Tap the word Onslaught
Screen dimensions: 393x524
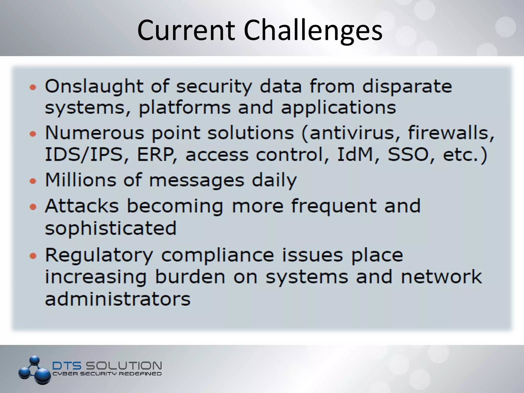[x=94, y=86]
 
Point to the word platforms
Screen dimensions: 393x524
[x=185, y=108]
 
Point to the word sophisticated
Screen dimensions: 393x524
[x=111, y=228]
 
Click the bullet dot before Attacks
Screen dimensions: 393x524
[x=33, y=206]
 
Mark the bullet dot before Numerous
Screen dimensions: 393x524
[x=33, y=134]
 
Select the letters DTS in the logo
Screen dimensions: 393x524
[x=67, y=366]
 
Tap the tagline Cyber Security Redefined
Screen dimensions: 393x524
[x=107, y=374]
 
